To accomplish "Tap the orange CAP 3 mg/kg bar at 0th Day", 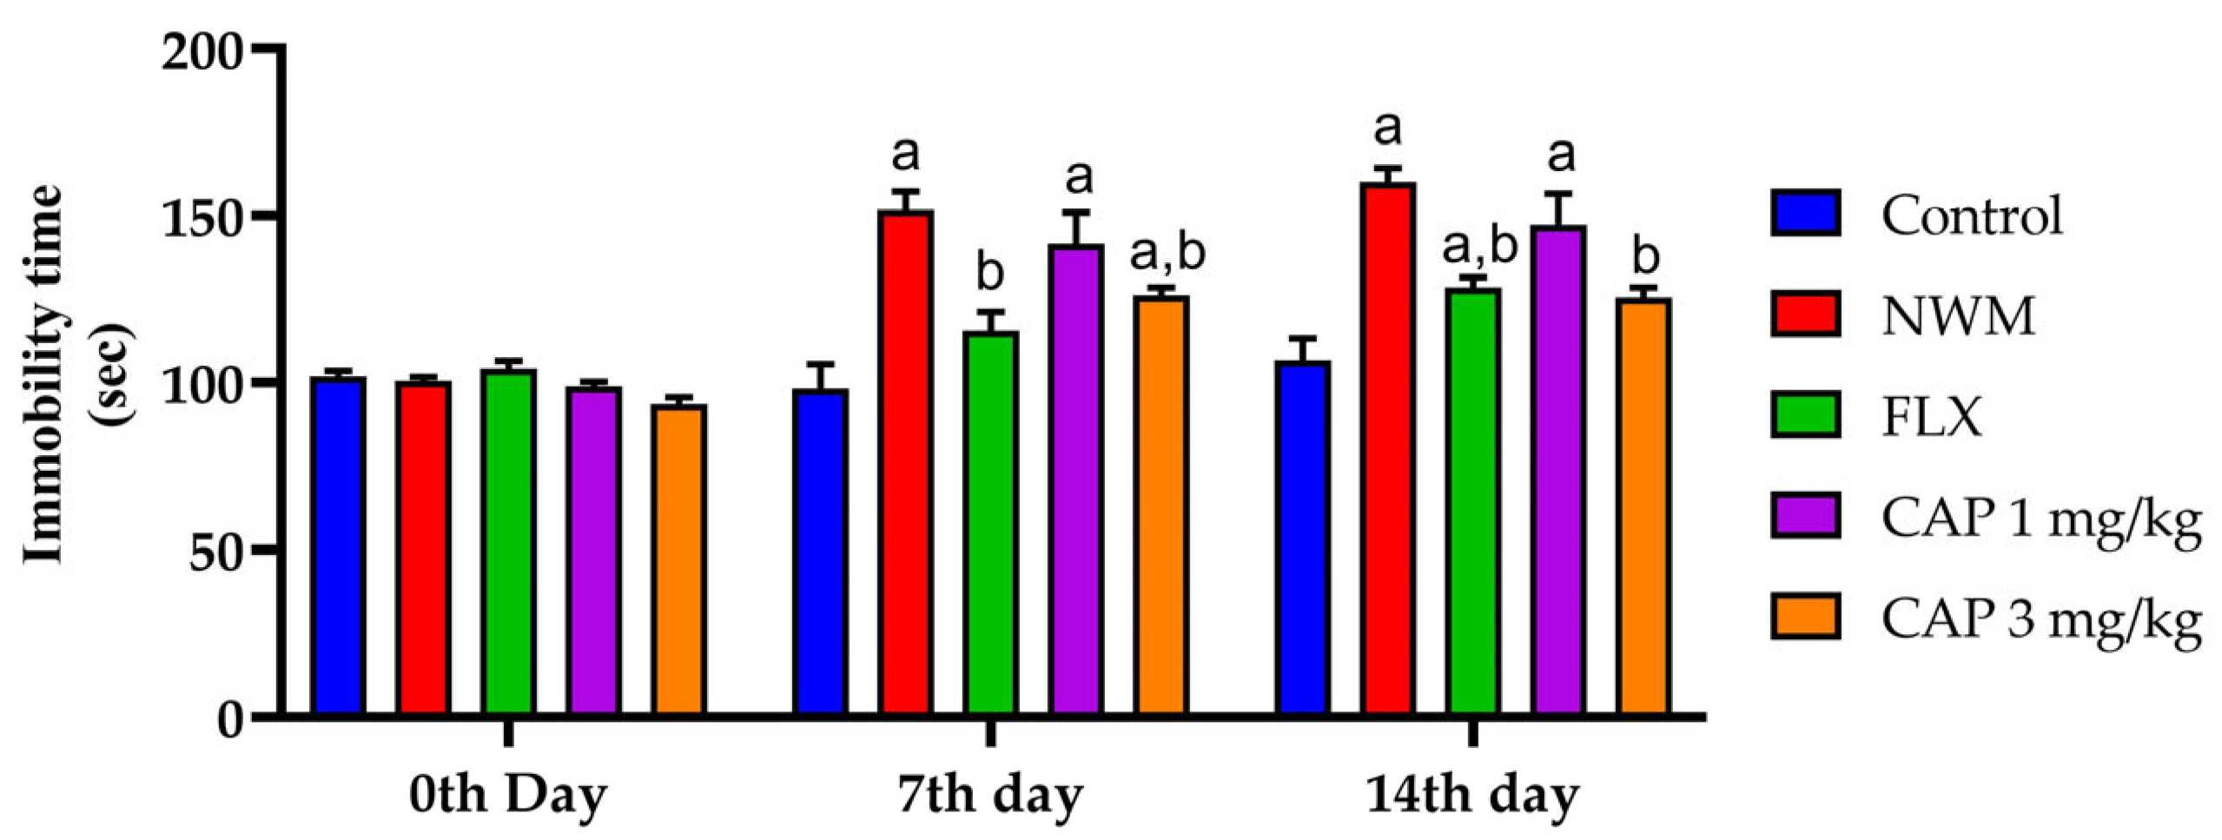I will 679,560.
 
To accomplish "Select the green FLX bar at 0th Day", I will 509,543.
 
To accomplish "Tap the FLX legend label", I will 1932,417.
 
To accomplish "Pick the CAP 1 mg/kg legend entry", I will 2041,519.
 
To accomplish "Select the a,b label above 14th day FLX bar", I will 1479,246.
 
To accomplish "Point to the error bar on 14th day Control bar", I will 1302,348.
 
